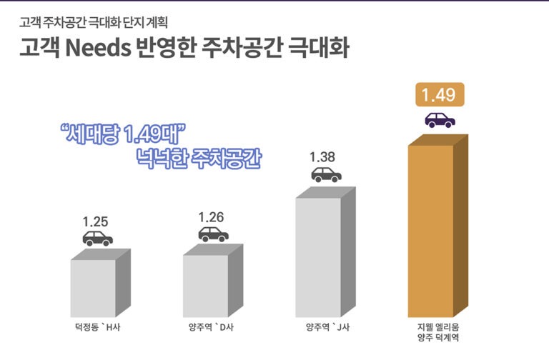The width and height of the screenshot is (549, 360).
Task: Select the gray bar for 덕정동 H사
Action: (93, 288)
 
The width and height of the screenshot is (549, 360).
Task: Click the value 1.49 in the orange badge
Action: (439, 95)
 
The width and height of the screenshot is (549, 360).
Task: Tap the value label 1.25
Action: (96, 221)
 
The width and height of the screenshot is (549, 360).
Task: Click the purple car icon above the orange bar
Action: (439, 120)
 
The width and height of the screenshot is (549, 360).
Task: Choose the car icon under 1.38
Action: (326, 174)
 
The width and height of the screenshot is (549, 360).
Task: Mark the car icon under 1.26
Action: (213, 234)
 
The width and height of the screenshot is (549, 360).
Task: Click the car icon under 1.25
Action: (97, 239)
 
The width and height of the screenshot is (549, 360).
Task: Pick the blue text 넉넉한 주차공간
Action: (198, 157)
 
